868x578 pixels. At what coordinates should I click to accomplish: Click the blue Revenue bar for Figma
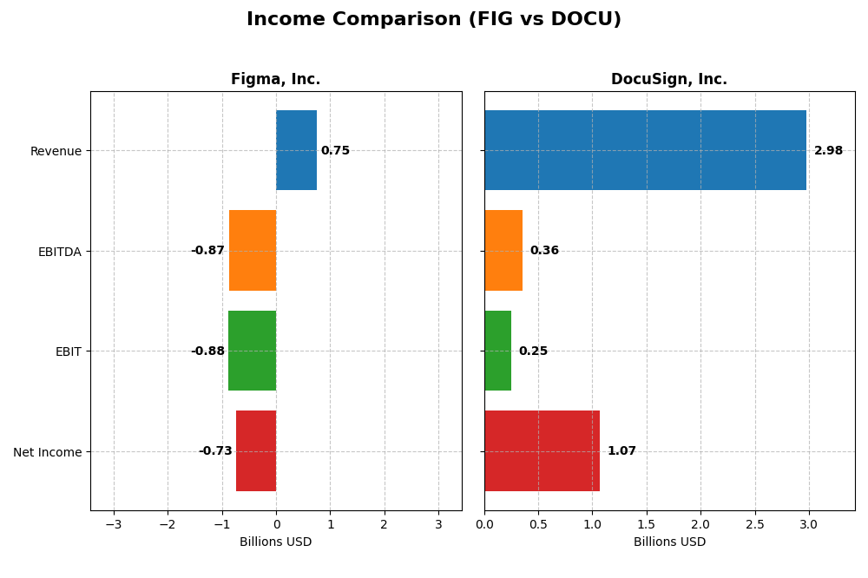(296, 150)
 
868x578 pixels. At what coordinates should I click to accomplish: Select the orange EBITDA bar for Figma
(253, 250)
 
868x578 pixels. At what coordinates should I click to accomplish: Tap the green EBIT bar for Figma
(252, 351)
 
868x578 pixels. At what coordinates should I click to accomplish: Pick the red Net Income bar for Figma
(256, 450)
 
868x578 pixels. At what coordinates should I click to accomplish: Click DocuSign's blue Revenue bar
(645, 150)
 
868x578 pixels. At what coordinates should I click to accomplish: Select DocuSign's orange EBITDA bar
(503, 250)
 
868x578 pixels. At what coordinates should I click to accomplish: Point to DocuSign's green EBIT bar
(497, 351)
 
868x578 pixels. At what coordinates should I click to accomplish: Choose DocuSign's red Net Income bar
(542, 450)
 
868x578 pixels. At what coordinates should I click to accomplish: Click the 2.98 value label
(828, 151)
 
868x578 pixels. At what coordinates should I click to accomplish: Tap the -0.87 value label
(207, 251)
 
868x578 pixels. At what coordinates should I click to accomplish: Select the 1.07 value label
(621, 451)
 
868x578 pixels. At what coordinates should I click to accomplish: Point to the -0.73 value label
(215, 451)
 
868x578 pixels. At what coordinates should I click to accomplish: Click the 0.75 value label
(335, 151)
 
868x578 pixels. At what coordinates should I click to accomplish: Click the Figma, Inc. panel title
(275, 80)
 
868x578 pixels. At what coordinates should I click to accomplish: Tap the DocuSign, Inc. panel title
(669, 80)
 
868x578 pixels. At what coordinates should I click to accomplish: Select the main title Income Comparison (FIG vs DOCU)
(434, 19)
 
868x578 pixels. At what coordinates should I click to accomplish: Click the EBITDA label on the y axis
(59, 252)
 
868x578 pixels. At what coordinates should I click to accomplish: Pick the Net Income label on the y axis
(47, 452)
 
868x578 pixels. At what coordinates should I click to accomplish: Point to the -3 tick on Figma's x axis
(114, 524)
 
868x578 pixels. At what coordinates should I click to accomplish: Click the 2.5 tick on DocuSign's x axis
(754, 524)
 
